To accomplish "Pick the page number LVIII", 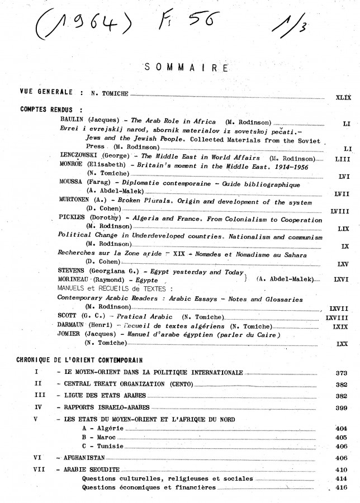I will (340, 212).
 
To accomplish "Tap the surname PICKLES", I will (73, 220).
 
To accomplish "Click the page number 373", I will (342, 372).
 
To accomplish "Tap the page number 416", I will (342, 488).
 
